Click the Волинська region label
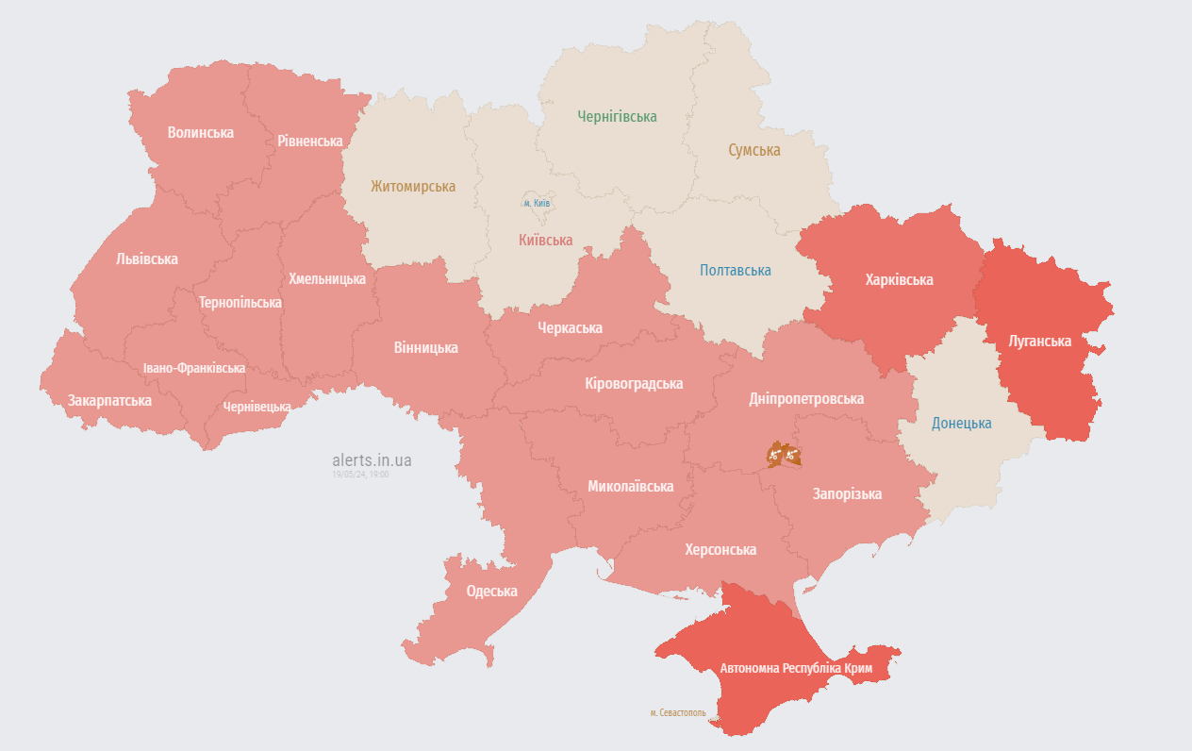coord(200,132)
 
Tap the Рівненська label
coord(309,141)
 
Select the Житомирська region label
coord(412,187)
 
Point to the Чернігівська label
coord(617,116)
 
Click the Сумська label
coord(753,150)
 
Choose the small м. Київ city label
coord(537,203)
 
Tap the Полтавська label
coord(735,270)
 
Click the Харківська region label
coord(899,279)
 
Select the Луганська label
coord(1039,341)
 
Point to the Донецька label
coord(961,423)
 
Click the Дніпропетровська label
coord(806,398)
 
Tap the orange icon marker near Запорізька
coord(784,455)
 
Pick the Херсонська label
coord(720,549)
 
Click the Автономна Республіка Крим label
coord(796,668)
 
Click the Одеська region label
coord(491,591)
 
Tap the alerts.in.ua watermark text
coord(372,460)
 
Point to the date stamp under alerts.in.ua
coord(360,475)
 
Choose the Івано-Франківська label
coord(194,368)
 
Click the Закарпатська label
coord(109,400)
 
